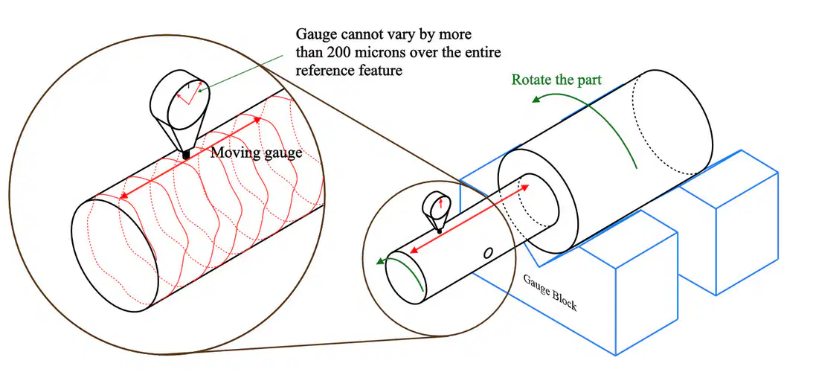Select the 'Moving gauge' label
(x=256, y=153)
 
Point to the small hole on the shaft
(x=487, y=253)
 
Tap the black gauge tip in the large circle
(x=186, y=154)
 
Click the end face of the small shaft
(x=402, y=274)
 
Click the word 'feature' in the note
(x=385, y=70)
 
